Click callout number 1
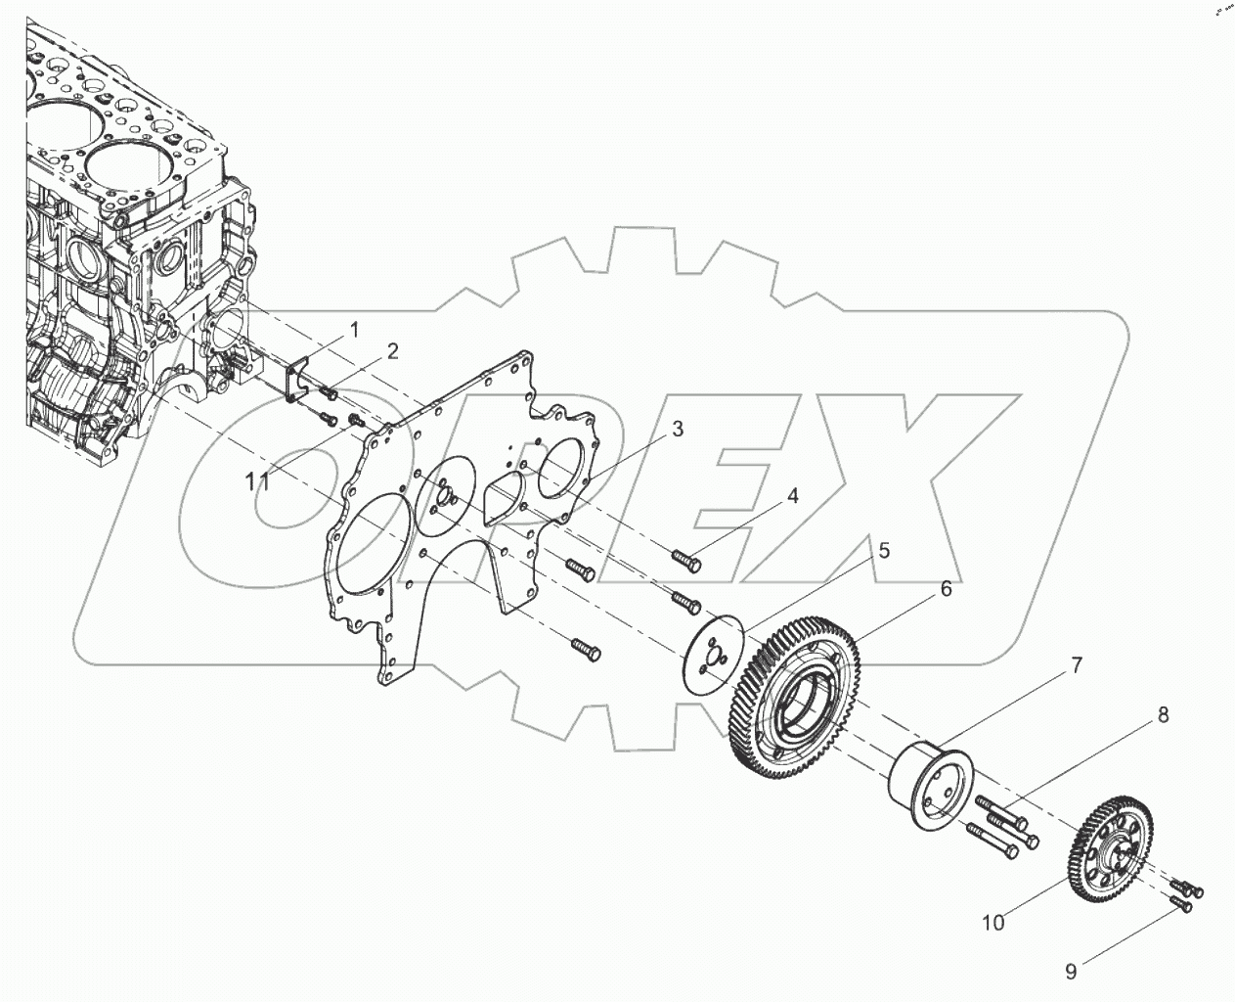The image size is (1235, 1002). point(354,327)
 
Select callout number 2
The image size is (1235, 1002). point(392,351)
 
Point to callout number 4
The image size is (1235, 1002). point(793,496)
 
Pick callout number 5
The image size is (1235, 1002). point(883,551)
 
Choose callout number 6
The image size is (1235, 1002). point(946,589)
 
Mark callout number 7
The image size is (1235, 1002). point(1076,666)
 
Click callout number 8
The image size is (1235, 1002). point(1163,715)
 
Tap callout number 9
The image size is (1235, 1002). point(1071,972)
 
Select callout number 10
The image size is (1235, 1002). point(993,922)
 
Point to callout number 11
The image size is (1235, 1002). point(257,480)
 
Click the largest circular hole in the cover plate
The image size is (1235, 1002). point(371,544)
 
